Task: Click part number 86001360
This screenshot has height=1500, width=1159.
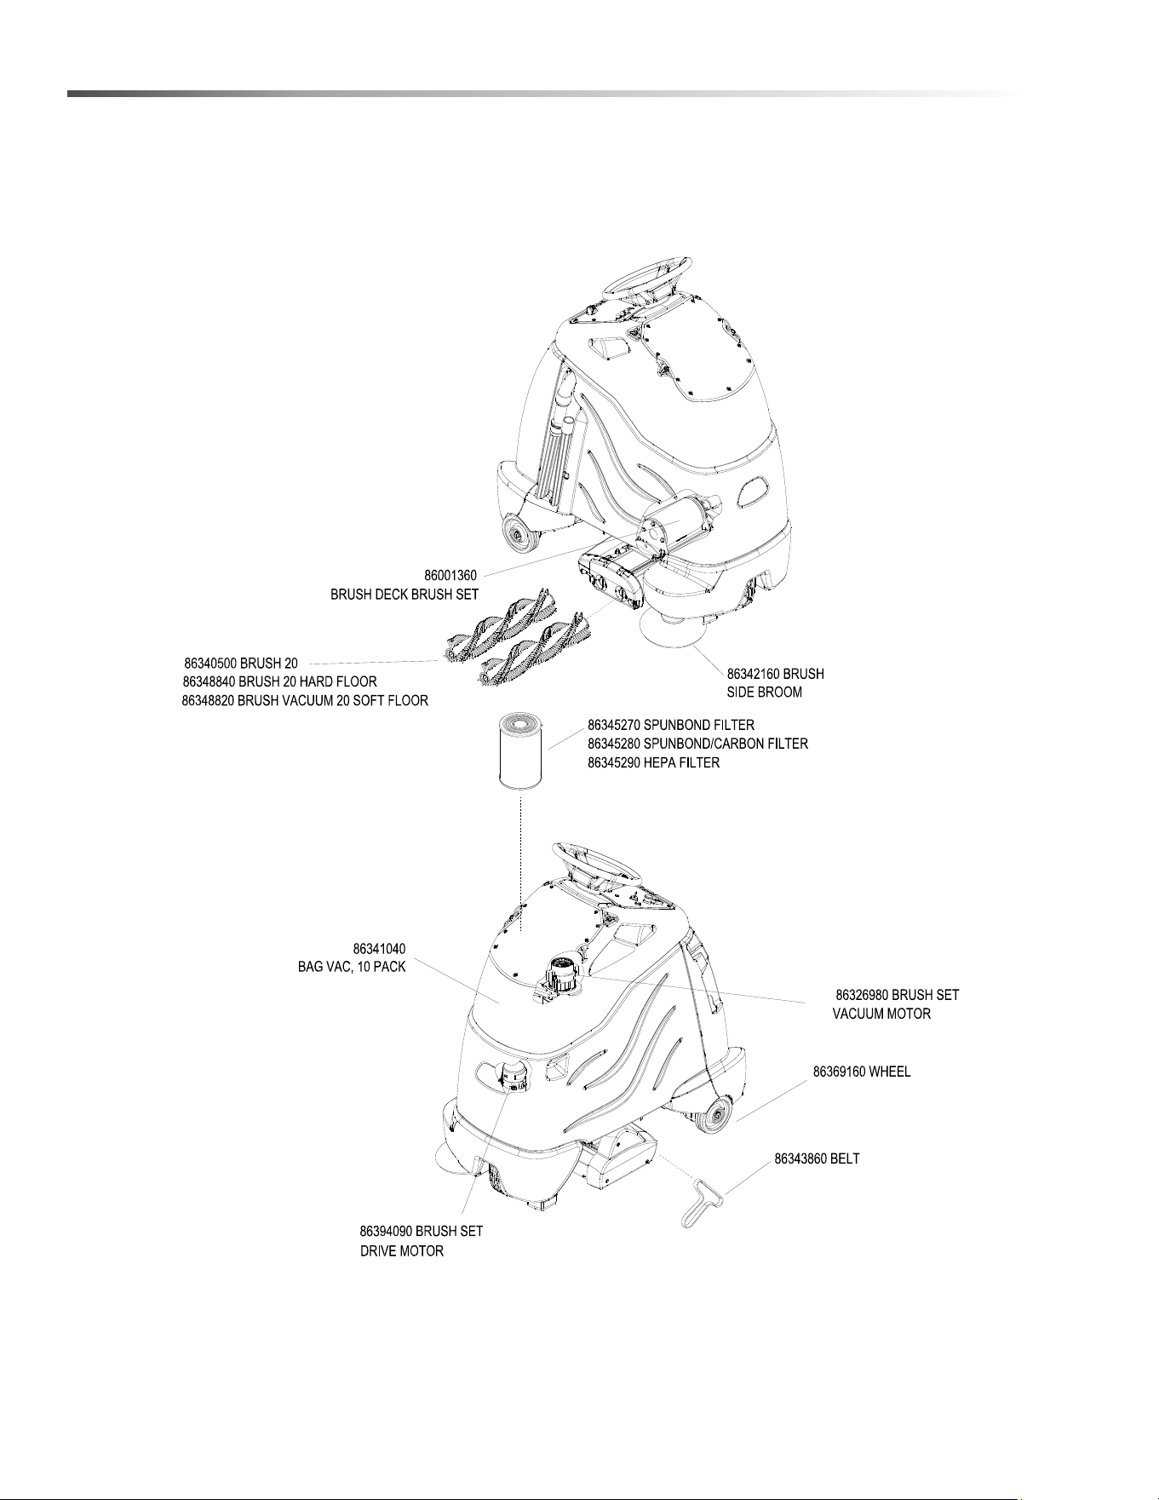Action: tap(450, 576)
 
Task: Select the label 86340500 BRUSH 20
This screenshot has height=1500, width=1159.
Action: tap(241, 663)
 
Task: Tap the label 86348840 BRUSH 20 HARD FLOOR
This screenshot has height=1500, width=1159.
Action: tap(279, 681)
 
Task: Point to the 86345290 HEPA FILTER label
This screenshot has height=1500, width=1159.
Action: tap(653, 762)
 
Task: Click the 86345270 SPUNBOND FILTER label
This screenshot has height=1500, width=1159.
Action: tap(671, 725)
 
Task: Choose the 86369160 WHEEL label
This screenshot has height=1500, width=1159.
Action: tap(862, 1072)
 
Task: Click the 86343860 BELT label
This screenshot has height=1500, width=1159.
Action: tap(817, 1159)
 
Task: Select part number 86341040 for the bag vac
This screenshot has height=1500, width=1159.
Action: tap(379, 949)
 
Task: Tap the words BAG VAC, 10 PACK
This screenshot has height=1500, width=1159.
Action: tap(352, 968)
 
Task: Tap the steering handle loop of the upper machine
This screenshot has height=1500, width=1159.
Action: tap(647, 274)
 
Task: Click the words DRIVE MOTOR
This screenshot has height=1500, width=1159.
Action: tap(402, 1251)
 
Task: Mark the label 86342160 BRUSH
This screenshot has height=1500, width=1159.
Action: tap(775, 673)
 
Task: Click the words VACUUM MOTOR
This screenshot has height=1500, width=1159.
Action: tap(881, 1014)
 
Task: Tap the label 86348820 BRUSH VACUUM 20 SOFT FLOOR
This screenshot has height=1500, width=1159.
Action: tap(305, 700)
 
